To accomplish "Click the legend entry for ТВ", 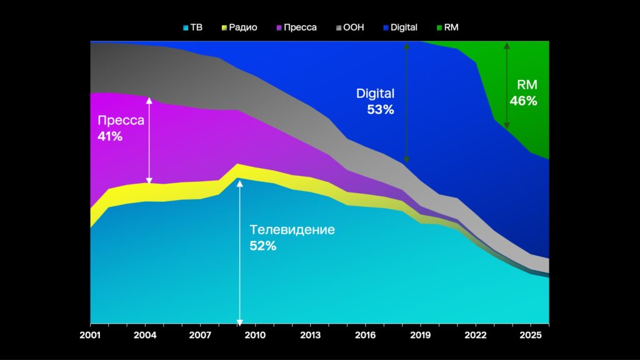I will (192, 27).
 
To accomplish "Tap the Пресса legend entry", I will (295, 27).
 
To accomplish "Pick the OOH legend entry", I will (350, 27).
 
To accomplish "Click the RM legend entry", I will (447, 27).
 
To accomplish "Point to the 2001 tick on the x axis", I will (90, 334).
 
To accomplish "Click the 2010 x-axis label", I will (254, 334).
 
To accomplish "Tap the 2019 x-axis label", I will (420, 334).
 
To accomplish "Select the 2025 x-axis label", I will (530, 334).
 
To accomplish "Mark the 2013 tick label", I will (310, 334).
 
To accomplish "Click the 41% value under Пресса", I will (110, 135).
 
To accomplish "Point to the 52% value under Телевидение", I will (262, 246).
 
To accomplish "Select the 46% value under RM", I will (523, 101).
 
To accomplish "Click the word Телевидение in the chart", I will (292, 229).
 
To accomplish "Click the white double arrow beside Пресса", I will (149, 140).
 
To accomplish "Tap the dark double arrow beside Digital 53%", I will (406, 103).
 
